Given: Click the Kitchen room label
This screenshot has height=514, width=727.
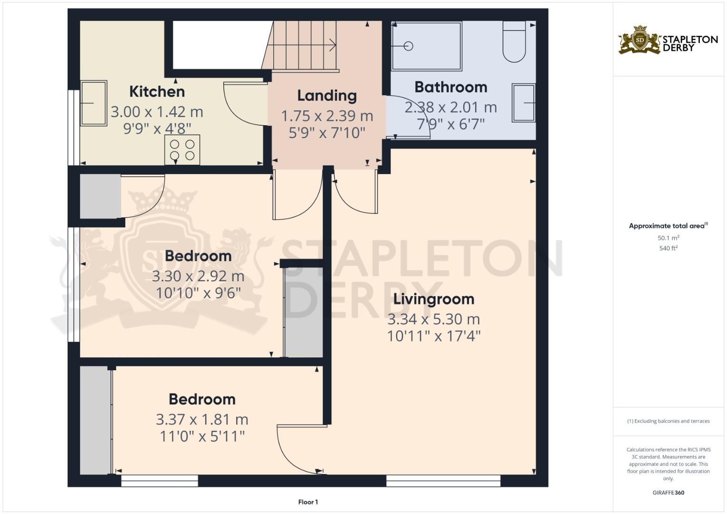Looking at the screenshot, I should (x=157, y=91).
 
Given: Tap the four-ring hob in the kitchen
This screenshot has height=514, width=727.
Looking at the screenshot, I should (x=182, y=150).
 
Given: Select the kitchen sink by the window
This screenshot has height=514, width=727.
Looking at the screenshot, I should (x=93, y=103).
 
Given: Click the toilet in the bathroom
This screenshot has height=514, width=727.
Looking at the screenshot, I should (x=514, y=43).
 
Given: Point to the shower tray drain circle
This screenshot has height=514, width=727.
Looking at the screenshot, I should (x=408, y=46).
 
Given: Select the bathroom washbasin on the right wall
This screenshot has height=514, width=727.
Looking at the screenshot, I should (x=523, y=102).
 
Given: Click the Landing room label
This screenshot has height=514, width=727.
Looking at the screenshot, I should (x=327, y=96).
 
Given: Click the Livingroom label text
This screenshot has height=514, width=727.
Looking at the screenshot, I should (x=433, y=299).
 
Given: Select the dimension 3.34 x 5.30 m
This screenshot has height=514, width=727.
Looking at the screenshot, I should (x=433, y=319).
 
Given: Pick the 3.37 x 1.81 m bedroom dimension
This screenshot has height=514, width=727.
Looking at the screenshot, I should (x=202, y=419).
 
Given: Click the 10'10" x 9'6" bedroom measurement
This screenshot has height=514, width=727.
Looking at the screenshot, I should (x=198, y=293).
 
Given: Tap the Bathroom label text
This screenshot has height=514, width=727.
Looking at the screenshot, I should (x=450, y=87).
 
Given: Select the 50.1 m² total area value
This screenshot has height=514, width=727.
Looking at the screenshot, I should (x=668, y=237).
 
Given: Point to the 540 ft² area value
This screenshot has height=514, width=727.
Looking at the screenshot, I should (x=668, y=248).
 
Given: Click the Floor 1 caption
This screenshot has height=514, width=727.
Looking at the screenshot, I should (x=308, y=502).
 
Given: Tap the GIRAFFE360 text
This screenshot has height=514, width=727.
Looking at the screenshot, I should (x=668, y=493).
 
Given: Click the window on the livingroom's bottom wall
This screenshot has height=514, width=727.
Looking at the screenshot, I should (x=443, y=481).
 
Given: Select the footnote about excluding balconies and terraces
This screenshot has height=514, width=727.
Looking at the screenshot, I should (x=668, y=421).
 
